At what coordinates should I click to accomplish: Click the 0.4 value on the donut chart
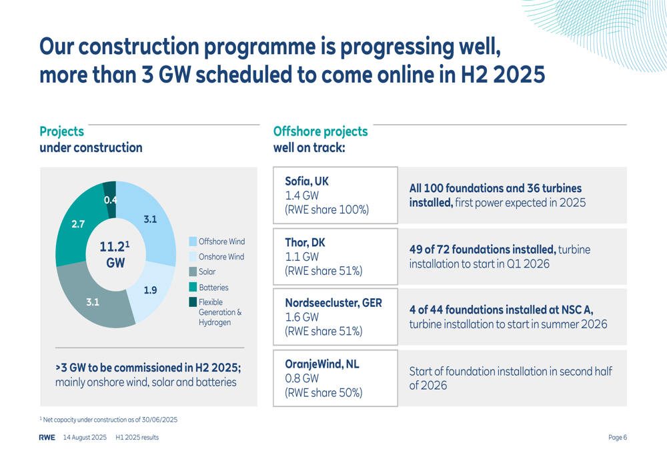110,200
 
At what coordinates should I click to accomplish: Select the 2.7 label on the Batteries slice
78,224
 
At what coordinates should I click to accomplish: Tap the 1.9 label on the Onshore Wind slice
150,290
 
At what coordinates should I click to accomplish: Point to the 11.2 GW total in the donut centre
115,254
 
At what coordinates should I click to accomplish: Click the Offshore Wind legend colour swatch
193,242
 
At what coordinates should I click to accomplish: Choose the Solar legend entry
202,272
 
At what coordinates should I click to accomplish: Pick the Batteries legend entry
208,288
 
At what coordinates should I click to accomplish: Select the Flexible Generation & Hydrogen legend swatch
193,302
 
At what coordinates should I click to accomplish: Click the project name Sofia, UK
307,181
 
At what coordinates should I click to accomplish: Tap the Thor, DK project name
305,243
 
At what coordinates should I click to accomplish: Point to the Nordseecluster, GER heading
333,303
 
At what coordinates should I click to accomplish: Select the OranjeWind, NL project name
322,364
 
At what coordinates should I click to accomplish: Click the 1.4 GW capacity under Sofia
301,195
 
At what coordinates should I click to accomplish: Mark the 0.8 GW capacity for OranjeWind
301,378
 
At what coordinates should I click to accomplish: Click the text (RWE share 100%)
327,209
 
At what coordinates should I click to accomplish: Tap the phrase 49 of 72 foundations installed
483,250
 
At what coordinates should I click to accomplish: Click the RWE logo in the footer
47,438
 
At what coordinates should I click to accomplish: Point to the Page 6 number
617,438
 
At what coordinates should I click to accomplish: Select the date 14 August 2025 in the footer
85,438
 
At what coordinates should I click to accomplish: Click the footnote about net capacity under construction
109,420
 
